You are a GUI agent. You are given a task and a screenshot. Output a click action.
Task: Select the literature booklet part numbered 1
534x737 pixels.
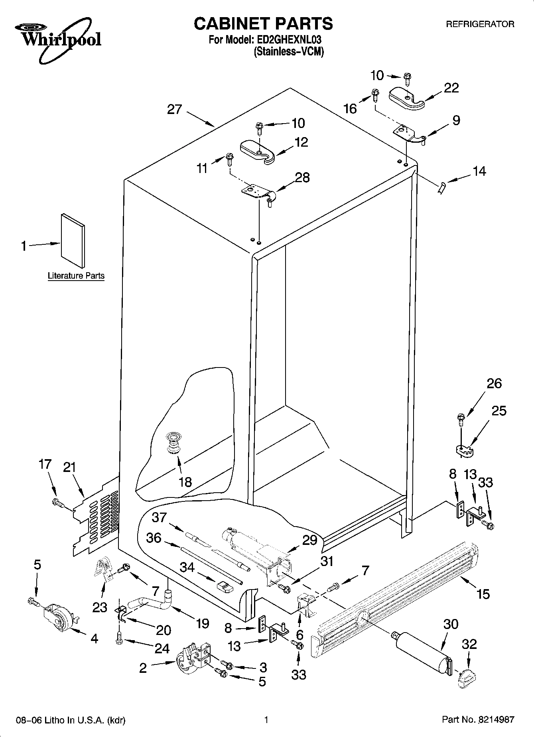(73, 240)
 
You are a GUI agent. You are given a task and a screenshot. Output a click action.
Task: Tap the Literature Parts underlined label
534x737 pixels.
(76, 275)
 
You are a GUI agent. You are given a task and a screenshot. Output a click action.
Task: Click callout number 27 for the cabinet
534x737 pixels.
(174, 110)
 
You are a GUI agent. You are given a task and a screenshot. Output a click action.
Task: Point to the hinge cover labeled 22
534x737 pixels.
(407, 97)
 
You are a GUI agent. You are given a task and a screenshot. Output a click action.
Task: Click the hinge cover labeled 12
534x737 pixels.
(258, 151)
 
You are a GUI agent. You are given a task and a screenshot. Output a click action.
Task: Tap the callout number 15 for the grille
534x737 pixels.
(483, 594)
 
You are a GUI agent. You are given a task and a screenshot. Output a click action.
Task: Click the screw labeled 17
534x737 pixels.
(58, 503)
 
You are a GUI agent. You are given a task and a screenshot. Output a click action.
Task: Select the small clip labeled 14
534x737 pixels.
(441, 187)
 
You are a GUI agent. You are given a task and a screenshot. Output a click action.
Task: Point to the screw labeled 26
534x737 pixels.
(461, 419)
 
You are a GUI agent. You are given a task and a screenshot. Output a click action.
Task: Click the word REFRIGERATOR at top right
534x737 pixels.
(480, 24)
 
